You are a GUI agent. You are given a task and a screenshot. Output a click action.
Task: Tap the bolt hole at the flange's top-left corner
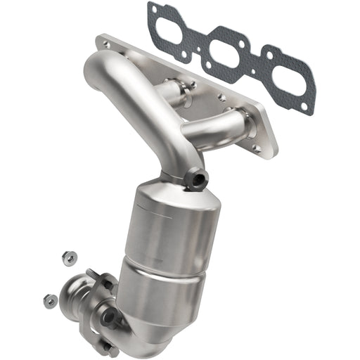tap(106, 44)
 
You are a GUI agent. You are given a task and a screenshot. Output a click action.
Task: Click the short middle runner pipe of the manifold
tap(174, 89)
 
